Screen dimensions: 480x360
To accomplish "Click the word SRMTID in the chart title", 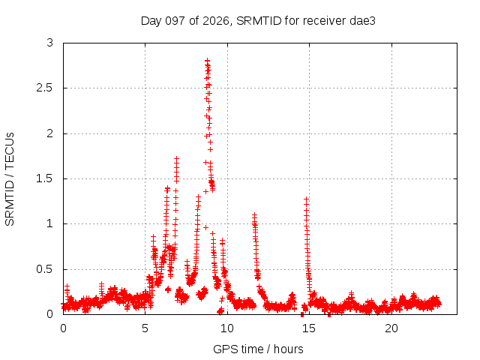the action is coord(259,21).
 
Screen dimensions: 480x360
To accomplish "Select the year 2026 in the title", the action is coord(216,21).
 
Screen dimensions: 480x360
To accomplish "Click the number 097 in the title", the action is coord(175,21).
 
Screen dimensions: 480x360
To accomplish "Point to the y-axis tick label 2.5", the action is coord(44,88).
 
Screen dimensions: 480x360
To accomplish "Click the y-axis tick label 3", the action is coord(50,43).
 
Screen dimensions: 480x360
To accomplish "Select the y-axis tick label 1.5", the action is coord(44,178).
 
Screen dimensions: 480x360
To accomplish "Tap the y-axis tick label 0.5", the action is coord(44,269).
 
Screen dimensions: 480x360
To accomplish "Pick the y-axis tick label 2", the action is coord(50,133).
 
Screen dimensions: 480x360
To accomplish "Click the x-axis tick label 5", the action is coord(145,328).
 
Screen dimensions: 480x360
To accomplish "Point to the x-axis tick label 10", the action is coord(227,328).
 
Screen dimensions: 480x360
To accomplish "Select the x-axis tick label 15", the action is coord(309,328).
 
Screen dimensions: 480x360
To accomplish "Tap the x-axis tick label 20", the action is coord(391,328).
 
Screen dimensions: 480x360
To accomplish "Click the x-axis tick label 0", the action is coord(63,328).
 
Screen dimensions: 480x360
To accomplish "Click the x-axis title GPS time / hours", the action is coord(258,349).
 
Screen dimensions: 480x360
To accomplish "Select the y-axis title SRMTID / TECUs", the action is coord(10,179).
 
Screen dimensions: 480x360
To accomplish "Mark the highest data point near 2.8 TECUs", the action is coord(207,60).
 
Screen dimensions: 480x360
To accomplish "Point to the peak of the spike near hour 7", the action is coord(176,158).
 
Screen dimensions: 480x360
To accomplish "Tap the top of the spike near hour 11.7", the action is coord(254,215).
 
